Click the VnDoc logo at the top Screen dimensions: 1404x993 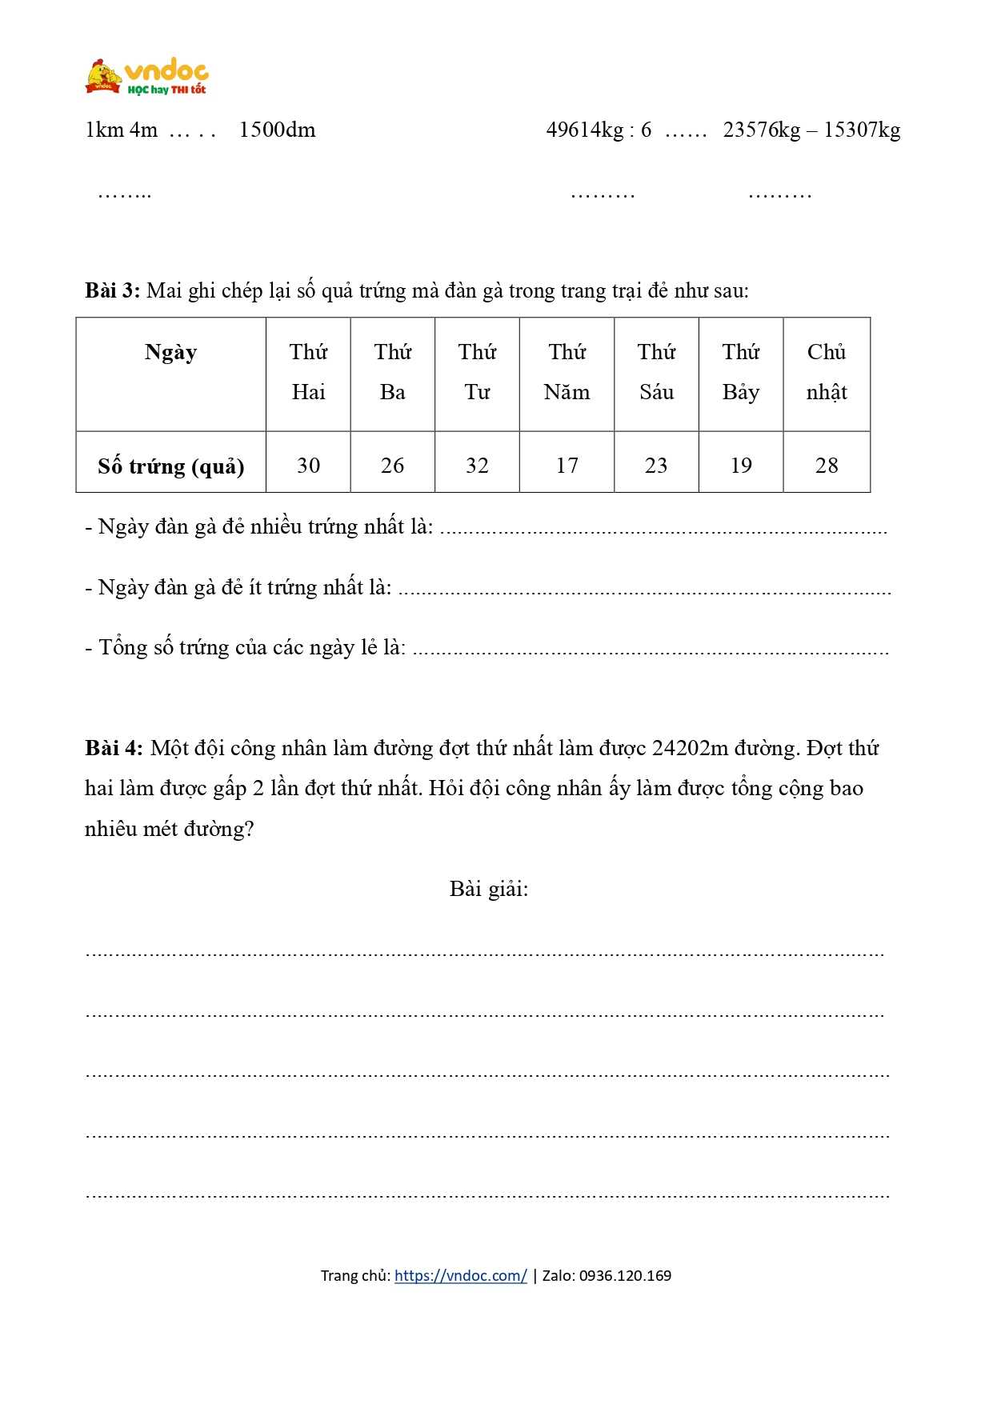click(x=146, y=77)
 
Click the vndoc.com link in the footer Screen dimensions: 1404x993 click(x=460, y=1275)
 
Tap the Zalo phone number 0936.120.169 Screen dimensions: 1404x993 click(x=625, y=1275)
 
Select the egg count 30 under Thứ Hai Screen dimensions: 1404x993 click(x=308, y=465)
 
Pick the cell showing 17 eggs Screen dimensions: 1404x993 click(x=567, y=465)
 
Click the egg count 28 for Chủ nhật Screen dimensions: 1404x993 click(x=826, y=465)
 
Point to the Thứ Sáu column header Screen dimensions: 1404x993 click(x=656, y=372)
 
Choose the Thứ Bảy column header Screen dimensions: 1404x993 click(x=740, y=372)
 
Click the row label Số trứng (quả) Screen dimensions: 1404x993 click(x=170, y=466)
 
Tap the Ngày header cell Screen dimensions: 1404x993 click(x=170, y=352)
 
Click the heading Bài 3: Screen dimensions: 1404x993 click(x=113, y=290)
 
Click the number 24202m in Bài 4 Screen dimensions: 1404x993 click(x=690, y=748)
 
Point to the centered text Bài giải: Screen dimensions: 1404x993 click(x=489, y=889)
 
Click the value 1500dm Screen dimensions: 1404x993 click(x=277, y=130)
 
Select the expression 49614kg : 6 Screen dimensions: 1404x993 click(x=599, y=130)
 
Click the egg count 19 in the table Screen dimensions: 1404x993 click(x=741, y=465)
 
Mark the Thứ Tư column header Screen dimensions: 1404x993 click(x=477, y=372)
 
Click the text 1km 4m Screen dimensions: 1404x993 click(x=122, y=130)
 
